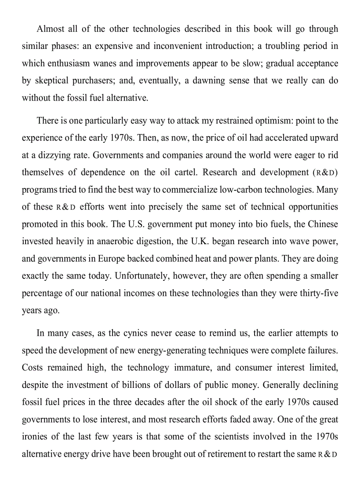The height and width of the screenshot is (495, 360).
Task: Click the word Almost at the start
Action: tap(50, 29)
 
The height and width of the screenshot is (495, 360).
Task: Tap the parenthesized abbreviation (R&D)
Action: tap(326, 173)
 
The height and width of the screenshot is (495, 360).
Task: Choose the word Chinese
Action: tap(322, 224)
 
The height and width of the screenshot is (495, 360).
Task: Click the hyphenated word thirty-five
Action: tap(317, 293)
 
